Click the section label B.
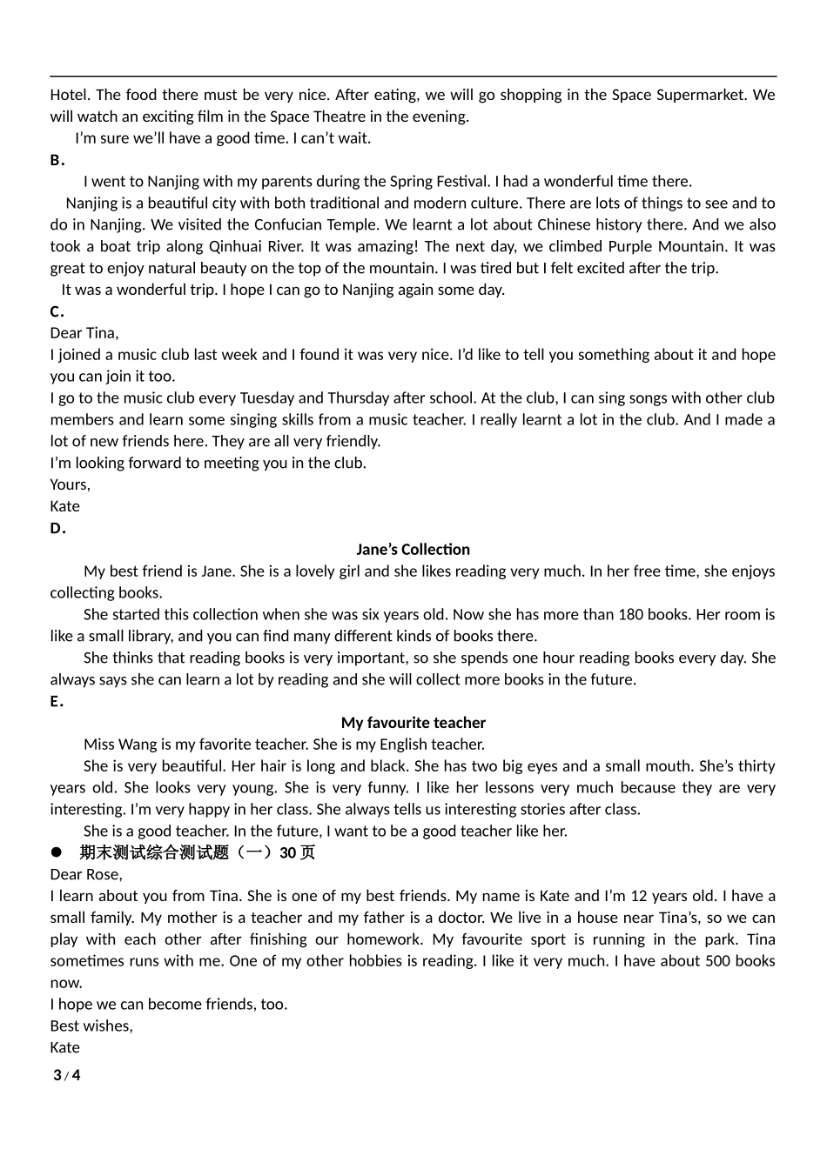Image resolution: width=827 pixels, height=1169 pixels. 57,160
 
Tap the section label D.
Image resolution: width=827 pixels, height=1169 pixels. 57,528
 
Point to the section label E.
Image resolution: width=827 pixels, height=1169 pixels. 57,701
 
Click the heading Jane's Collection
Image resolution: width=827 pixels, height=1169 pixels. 413,550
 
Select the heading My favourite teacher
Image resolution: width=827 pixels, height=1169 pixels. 413,723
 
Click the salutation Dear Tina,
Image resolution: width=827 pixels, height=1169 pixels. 84,333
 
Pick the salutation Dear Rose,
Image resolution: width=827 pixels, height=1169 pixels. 86,874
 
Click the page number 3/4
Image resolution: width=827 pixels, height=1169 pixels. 67,1076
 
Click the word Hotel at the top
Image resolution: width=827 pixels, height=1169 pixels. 69,95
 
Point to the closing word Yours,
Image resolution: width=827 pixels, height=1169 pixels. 70,484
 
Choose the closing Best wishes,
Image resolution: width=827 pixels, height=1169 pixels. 91,1026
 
